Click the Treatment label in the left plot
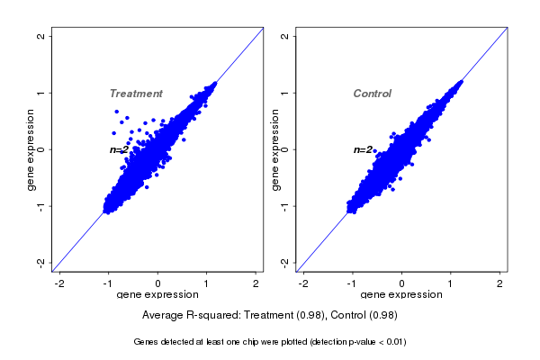[136, 94]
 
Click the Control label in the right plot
[372, 94]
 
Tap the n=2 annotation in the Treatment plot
[120, 149]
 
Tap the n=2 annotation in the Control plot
[363, 149]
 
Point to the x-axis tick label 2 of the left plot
[256, 283]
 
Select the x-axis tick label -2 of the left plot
[59, 283]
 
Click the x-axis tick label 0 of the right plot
[402, 283]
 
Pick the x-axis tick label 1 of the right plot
[451, 283]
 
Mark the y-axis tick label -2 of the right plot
[284, 262]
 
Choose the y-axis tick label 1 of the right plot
[284, 93]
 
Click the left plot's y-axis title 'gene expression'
[31, 149]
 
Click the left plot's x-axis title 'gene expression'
[157, 295]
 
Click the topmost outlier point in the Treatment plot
[117, 112]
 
